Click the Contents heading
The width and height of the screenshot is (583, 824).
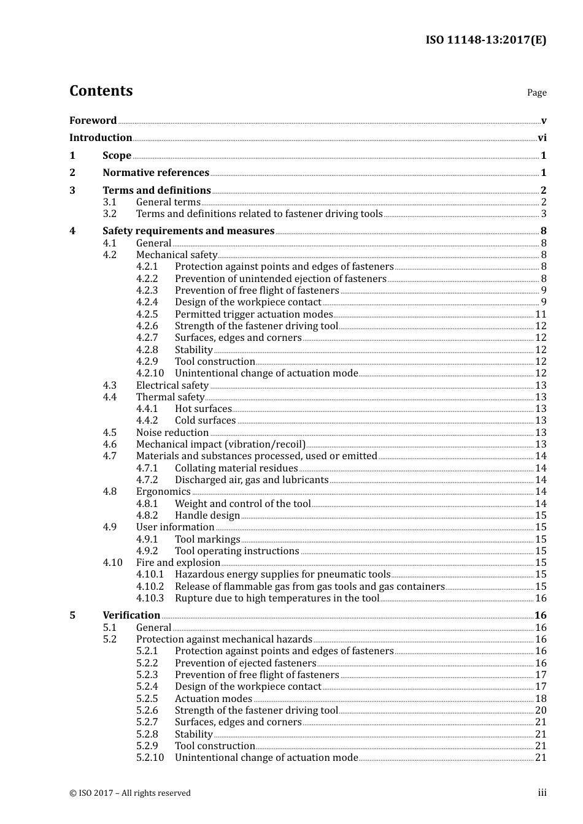pyautogui.click(x=101, y=91)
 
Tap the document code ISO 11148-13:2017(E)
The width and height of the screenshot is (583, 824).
pyautogui.click(x=485, y=40)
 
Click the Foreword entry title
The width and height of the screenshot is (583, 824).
pyautogui.click(x=93, y=120)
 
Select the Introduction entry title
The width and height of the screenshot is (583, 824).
pyautogui.click(x=101, y=137)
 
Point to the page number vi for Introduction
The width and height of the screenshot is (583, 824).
pyautogui.click(x=542, y=137)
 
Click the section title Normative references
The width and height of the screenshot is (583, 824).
pyautogui.click(x=156, y=172)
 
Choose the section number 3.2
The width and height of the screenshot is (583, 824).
pyautogui.click(x=110, y=213)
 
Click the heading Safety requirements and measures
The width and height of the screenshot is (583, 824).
pyautogui.click(x=188, y=231)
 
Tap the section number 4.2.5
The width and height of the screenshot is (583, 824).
pyautogui.click(x=147, y=314)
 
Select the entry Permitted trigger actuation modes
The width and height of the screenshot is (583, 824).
pyautogui.click(x=253, y=314)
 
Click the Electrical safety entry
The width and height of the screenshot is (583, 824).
pyautogui.click(x=172, y=385)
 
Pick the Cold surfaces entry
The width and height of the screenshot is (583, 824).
pyautogui.click(x=205, y=420)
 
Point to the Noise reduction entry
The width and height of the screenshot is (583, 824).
pyautogui.click(x=172, y=432)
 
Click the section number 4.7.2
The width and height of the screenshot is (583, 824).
pyautogui.click(x=147, y=479)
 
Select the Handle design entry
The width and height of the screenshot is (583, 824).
pyautogui.click(x=207, y=515)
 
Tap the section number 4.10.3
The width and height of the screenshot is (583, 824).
pyautogui.click(x=150, y=598)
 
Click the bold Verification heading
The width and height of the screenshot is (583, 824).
pyautogui.click(x=131, y=615)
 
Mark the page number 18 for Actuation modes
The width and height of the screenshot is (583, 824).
pyautogui.click(x=541, y=698)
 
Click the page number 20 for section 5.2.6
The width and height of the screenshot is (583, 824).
pyautogui.click(x=541, y=710)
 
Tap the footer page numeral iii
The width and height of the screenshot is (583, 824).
pyautogui.click(x=542, y=793)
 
